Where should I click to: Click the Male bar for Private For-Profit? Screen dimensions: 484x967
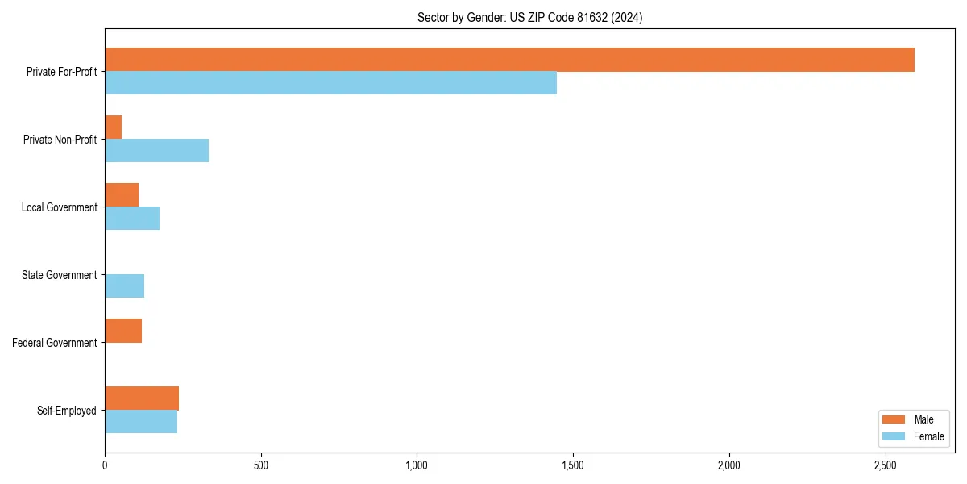(509, 60)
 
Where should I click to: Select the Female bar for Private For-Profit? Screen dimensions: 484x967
(330, 83)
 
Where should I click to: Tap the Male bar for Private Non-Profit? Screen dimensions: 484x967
(114, 127)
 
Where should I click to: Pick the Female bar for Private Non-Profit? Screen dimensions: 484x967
(156, 151)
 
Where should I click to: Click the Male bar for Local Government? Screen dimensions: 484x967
(122, 195)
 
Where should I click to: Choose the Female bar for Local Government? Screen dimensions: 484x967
(132, 219)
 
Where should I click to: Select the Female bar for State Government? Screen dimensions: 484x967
(124, 286)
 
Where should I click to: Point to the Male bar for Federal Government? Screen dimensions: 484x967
(123, 331)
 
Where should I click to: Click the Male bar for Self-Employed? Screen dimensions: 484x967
(142, 398)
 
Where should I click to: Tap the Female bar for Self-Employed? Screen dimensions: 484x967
(141, 422)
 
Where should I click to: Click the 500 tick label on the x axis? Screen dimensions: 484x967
(260, 465)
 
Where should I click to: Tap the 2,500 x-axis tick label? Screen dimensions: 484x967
(885, 465)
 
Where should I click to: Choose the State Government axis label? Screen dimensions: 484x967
(59, 275)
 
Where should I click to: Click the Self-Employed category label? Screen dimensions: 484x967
(66, 411)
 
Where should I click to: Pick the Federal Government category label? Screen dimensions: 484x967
(55, 343)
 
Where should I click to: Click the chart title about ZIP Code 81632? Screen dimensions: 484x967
(529, 17)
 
